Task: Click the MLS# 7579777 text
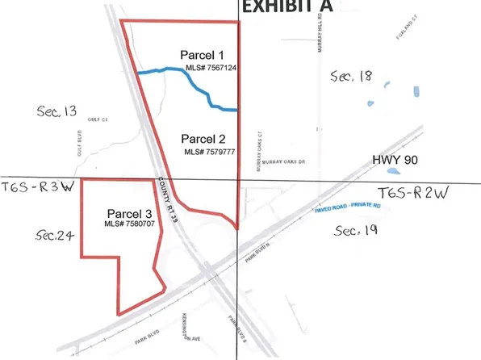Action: point(208,151)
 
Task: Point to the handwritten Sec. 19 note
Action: point(357,232)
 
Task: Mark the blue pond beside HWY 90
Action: point(391,172)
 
